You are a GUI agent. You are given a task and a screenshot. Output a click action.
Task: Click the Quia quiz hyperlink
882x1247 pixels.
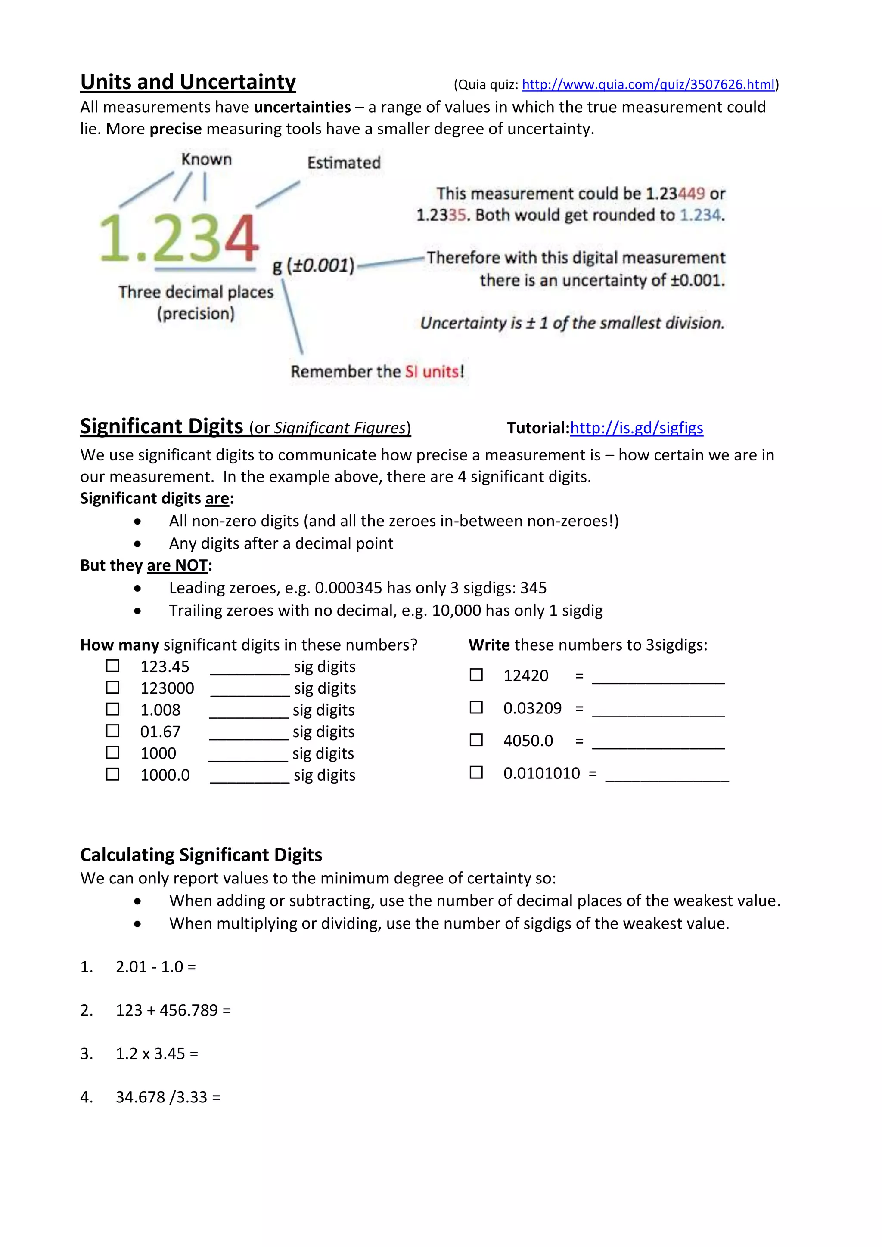[x=648, y=85]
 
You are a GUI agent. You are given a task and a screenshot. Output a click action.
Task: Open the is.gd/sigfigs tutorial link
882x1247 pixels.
[x=637, y=428]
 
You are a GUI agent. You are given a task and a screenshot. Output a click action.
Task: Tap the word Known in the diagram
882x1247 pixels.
[x=207, y=160]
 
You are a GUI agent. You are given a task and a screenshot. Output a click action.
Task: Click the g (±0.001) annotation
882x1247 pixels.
[x=314, y=265]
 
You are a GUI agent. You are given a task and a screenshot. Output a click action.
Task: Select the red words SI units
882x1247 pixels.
[x=434, y=372]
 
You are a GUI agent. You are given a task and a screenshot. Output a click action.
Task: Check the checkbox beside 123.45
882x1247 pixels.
[x=112, y=666]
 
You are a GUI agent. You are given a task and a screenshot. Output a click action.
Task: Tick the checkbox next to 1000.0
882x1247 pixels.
[x=112, y=775]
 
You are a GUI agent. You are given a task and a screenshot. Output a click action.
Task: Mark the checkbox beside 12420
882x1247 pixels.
[x=476, y=675]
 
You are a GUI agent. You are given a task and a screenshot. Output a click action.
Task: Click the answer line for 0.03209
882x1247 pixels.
[x=658, y=709]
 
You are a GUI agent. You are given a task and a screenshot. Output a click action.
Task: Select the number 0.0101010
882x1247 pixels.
[x=541, y=773]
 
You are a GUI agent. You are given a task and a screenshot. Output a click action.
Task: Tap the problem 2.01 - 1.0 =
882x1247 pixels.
[x=155, y=967]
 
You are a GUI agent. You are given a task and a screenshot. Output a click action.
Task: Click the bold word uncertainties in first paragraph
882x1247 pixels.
[x=302, y=108]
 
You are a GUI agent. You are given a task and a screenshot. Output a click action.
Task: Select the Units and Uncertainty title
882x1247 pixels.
[x=188, y=82]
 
